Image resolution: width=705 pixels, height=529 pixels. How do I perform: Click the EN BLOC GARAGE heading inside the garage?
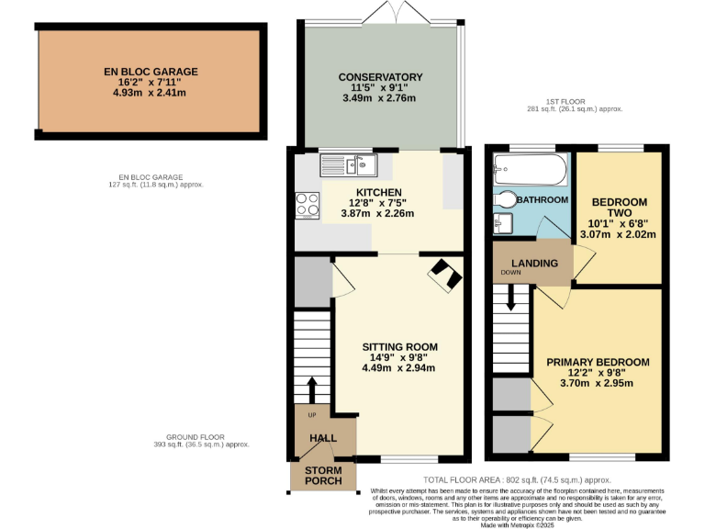pos(151,71)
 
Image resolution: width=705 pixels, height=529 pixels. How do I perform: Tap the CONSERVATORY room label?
pos(380,77)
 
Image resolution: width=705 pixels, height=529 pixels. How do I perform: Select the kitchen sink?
pos(349,165)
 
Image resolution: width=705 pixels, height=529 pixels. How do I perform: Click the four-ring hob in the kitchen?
pos(307,203)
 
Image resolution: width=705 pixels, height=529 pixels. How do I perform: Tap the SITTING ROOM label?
pos(398,346)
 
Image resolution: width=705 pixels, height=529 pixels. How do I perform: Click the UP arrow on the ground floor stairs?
pos(312,388)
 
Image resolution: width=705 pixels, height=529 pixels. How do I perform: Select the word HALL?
pos(323,438)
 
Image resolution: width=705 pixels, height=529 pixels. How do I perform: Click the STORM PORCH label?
pos(323,477)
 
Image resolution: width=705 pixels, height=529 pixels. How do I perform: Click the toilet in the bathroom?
pos(505,199)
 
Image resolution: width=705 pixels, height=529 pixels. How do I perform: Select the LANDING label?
pos(534,264)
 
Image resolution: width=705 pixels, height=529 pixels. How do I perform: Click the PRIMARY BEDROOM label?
pos(598,362)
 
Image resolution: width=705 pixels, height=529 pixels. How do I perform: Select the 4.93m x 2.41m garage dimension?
pos(151,93)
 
